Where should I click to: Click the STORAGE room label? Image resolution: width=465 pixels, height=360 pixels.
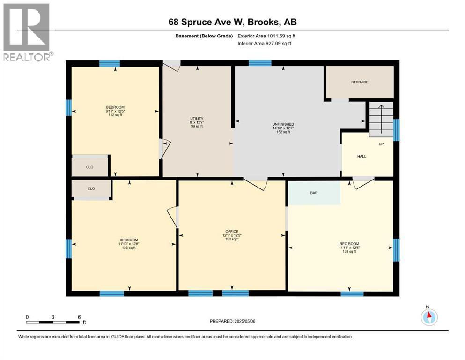[x=360, y=82]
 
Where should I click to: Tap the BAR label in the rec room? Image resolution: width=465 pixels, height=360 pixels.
[x=314, y=193]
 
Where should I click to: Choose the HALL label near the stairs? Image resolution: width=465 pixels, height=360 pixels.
[x=362, y=156]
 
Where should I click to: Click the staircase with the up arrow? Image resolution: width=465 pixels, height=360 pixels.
[x=381, y=120]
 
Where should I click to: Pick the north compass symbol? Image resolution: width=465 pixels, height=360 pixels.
[x=429, y=316]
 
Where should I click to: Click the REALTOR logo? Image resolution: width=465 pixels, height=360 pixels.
[x=27, y=32]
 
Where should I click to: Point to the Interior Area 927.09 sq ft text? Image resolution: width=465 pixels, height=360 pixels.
[x=264, y=43]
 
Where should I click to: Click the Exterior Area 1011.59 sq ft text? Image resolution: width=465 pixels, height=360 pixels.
[x=266, y=36]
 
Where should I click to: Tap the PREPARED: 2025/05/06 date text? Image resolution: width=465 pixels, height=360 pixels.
[x=232, y=321]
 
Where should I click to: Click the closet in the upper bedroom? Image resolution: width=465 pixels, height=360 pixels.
[x=90, y=167]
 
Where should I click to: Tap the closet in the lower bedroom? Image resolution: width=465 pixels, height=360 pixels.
[x=91, y=188]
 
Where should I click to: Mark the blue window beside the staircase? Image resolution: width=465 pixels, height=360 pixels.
[x=396, y=130]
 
